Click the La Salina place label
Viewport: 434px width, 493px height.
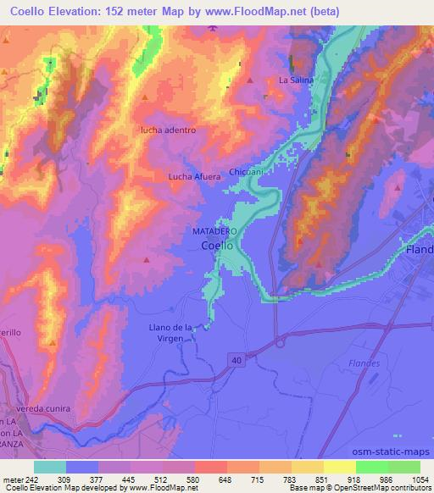pyautogui.click(x=297, y=80)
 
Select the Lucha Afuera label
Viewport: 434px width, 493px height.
pyautogui.click(x=194, y=176)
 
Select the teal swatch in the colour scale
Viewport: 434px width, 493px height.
pyautogui.click(x=50, y=467)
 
